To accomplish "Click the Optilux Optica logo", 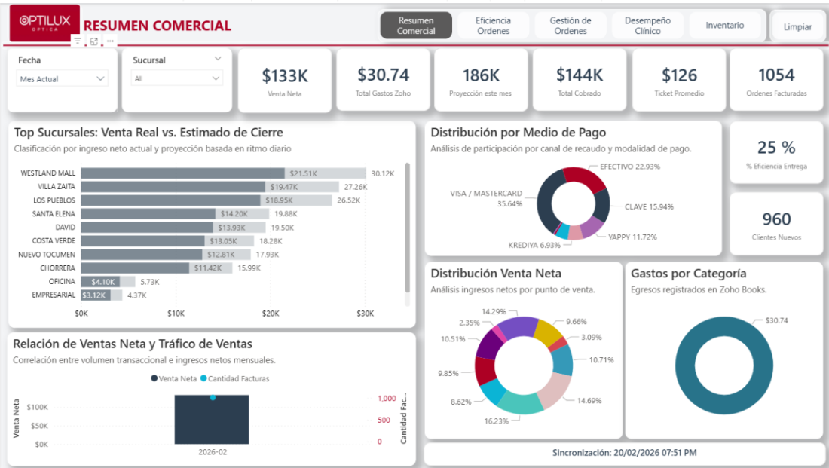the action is tap(44, 23).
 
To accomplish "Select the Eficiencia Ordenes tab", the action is tap(493, 26).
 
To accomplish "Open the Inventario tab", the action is tap(724, 26).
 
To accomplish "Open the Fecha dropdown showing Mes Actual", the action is tap(62, 79).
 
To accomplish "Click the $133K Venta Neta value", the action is tap(285, 76).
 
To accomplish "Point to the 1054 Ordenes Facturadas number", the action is tap(776, 75).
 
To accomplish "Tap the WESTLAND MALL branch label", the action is tap(48, 173).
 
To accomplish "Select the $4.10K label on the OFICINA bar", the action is tap(102, 282).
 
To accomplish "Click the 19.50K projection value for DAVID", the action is tap(283, 228).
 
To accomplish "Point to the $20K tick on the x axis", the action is tap(270, 314).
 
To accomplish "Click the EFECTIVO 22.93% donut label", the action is tap(630, 167).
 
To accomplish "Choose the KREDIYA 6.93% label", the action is tap(534, 246).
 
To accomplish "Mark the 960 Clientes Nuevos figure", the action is tap(776, 219).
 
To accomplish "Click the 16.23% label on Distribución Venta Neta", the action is tap(496, 421).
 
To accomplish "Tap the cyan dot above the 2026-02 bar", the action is tap(213, 398).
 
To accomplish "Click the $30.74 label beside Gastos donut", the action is tap(776, 320).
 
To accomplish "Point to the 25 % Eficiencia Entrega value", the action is tap(776, 148).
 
